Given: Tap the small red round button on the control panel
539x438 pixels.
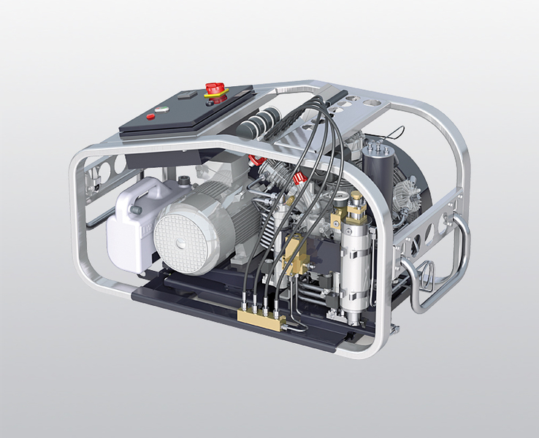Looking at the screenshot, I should [150, 116].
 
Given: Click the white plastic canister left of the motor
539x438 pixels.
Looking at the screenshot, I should [131, 225].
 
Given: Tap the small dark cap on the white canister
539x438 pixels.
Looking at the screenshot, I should [134, 210].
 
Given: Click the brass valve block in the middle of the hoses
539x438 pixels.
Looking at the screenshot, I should [296, 253].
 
